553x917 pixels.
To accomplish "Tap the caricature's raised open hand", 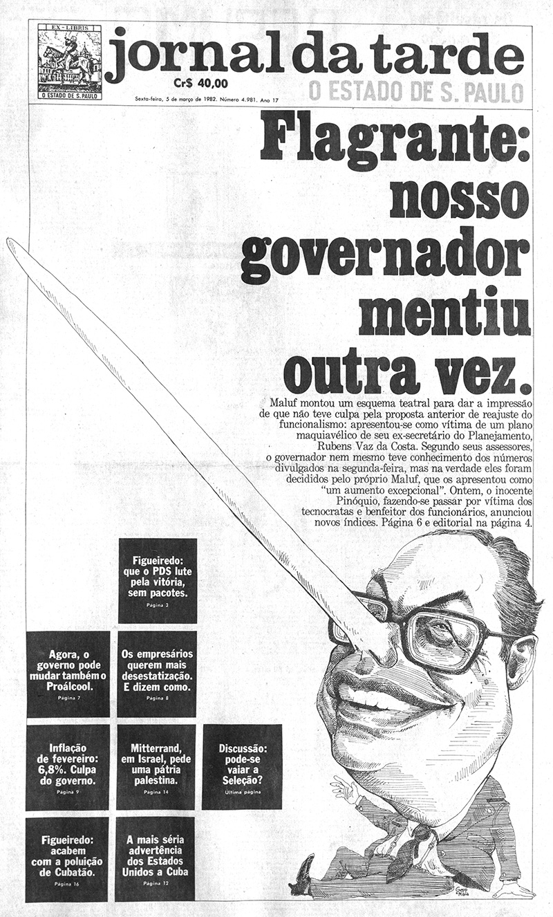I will pyautogui.click(x=344, y=788).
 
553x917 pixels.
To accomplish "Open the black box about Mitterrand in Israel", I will pyautogui.click(x=156, y=767).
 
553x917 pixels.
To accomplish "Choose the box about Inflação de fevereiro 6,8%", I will pyautogui.click(x=68, y=767).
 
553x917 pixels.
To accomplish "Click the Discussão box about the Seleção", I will pyautogui.click(x=242, y=767).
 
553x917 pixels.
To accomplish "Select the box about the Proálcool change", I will pyautogui.click(x=68, y=674).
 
